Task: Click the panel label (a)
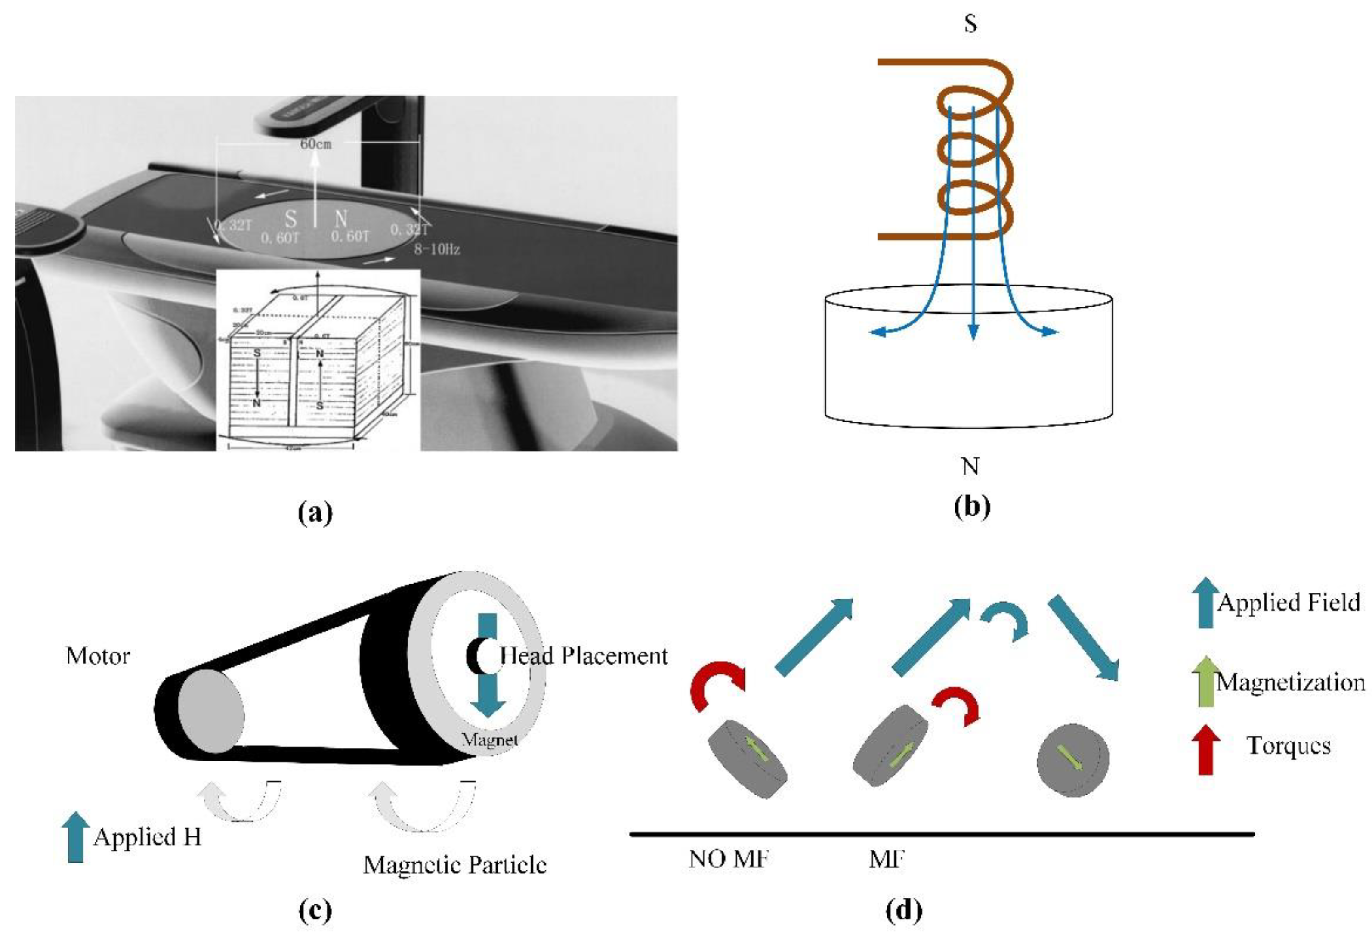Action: pyautogui.click(x=316, y=512)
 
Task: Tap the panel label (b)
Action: pyautogui.click(x=971, y=506)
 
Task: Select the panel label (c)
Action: pyautogui.click(x=316, y=910)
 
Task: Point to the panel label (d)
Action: pyautogui.click(x=904, y=910)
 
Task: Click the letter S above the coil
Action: pyautogui.click(x=970, y=24)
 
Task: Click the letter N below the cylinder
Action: pyautogui.click(x=970, y=467)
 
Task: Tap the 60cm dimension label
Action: pyautogui.click(x=316, y=143)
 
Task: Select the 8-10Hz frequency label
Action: pyautogui.click(x=437, y=249)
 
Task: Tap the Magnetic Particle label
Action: pyautogui.click(x=454, y=865)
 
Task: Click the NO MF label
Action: pyautogui.click(x=728, y=859)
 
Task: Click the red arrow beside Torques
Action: pyautogui.click(x=1205, y=749)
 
